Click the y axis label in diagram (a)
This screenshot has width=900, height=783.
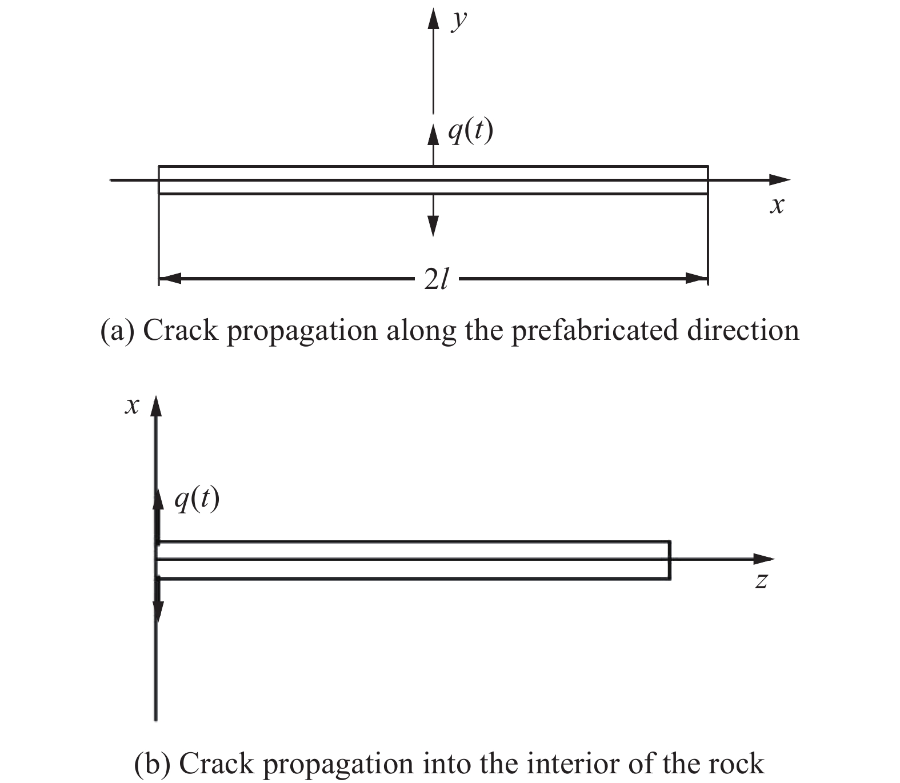pyautogui.click(x=458, y=22)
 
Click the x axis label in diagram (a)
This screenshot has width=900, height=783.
pyautogui.click(x=776, y=205)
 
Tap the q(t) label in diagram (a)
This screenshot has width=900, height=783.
pyautogui.click(x=470, y=132)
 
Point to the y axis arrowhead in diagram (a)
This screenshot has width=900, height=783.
pyautogui.click(x=433, y=18)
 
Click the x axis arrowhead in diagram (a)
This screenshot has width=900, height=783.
pyautogui.click(x=779, y=180)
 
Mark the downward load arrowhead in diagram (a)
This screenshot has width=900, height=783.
pyautogui.click(x=433, y=226)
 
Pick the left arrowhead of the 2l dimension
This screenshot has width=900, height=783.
pyautogui.click(x=170, y=279)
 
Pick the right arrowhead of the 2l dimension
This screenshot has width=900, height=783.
pyautogui.click(x=697, y=279)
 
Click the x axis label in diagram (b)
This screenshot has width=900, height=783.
pyautogui.click(x=133, y=406)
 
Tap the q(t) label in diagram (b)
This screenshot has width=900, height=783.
pyautogui.click(x=197, y=500)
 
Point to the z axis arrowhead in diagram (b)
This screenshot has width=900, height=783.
pyautogui.click(x=763, y=559)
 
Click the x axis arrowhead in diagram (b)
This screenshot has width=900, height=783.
pyautogui.click(x=156, y=407)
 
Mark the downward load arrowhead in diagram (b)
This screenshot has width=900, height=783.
pyautogui.click(x=158, y=612)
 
